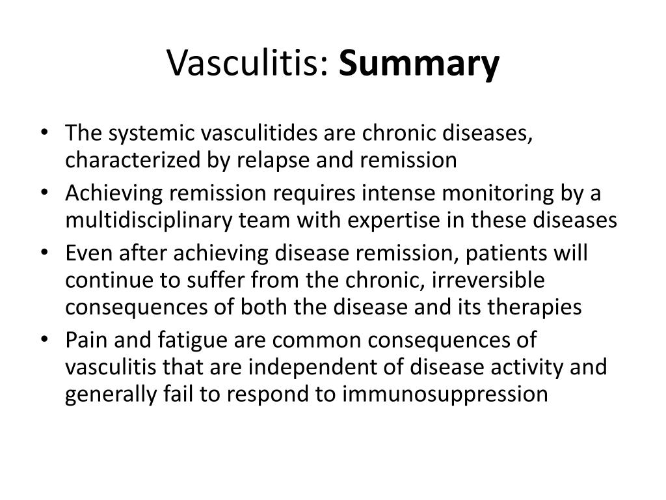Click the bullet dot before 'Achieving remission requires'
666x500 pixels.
point(52,193)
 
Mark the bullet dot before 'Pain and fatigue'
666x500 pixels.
point(52,340)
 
